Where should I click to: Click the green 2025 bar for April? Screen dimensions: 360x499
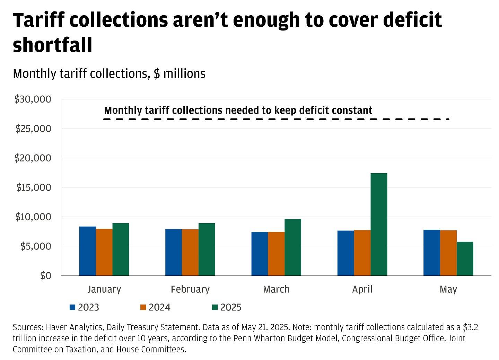379,224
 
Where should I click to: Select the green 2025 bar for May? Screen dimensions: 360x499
465,258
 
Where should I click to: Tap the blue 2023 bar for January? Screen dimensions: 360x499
87,251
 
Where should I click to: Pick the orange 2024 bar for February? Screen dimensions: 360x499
190,252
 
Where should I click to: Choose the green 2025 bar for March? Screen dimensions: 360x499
293,247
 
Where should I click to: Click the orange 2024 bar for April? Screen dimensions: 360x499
362,253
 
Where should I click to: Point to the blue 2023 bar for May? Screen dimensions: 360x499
431,252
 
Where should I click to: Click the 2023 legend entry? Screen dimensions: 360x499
85,307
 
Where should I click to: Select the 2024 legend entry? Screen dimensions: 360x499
156,307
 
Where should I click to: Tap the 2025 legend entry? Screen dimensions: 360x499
227,307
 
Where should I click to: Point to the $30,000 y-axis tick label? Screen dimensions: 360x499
33,99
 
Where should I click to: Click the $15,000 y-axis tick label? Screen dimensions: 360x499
34,187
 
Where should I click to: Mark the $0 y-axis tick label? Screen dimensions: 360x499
45,276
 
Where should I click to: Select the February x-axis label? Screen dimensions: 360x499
190,289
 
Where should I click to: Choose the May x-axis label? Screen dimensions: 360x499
448,289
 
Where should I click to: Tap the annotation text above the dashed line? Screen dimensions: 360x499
238,111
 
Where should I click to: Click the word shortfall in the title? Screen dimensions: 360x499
53,45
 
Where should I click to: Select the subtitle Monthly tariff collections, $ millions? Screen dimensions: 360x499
109,74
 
